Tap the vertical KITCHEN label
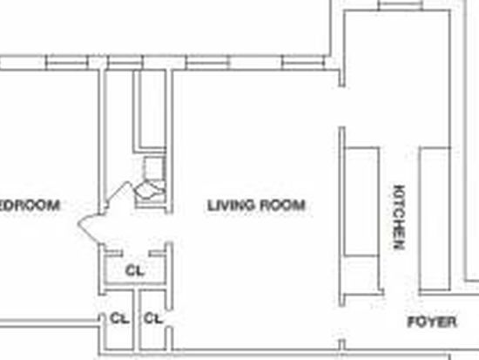(x=399, y=217)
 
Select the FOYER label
(x=432, y=322)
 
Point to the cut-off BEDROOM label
(x=30, y=205)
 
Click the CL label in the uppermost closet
(x=135, y=271)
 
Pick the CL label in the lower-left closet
(x=119, y=319)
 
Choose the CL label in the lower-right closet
(x=152, y=319)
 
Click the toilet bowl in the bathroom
(x=150, y=190)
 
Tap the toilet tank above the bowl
(x=155, y=168)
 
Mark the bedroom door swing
(x=89, y=228)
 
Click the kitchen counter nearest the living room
(x=361, y=201)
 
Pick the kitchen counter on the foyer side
(x=435, y=219)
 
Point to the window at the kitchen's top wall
(x=401, y=5)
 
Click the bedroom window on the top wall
(x=67, y=63)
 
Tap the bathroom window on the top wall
(x=125, y=63)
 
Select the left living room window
(x=207, y=63)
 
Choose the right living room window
(x=303, y=63)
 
